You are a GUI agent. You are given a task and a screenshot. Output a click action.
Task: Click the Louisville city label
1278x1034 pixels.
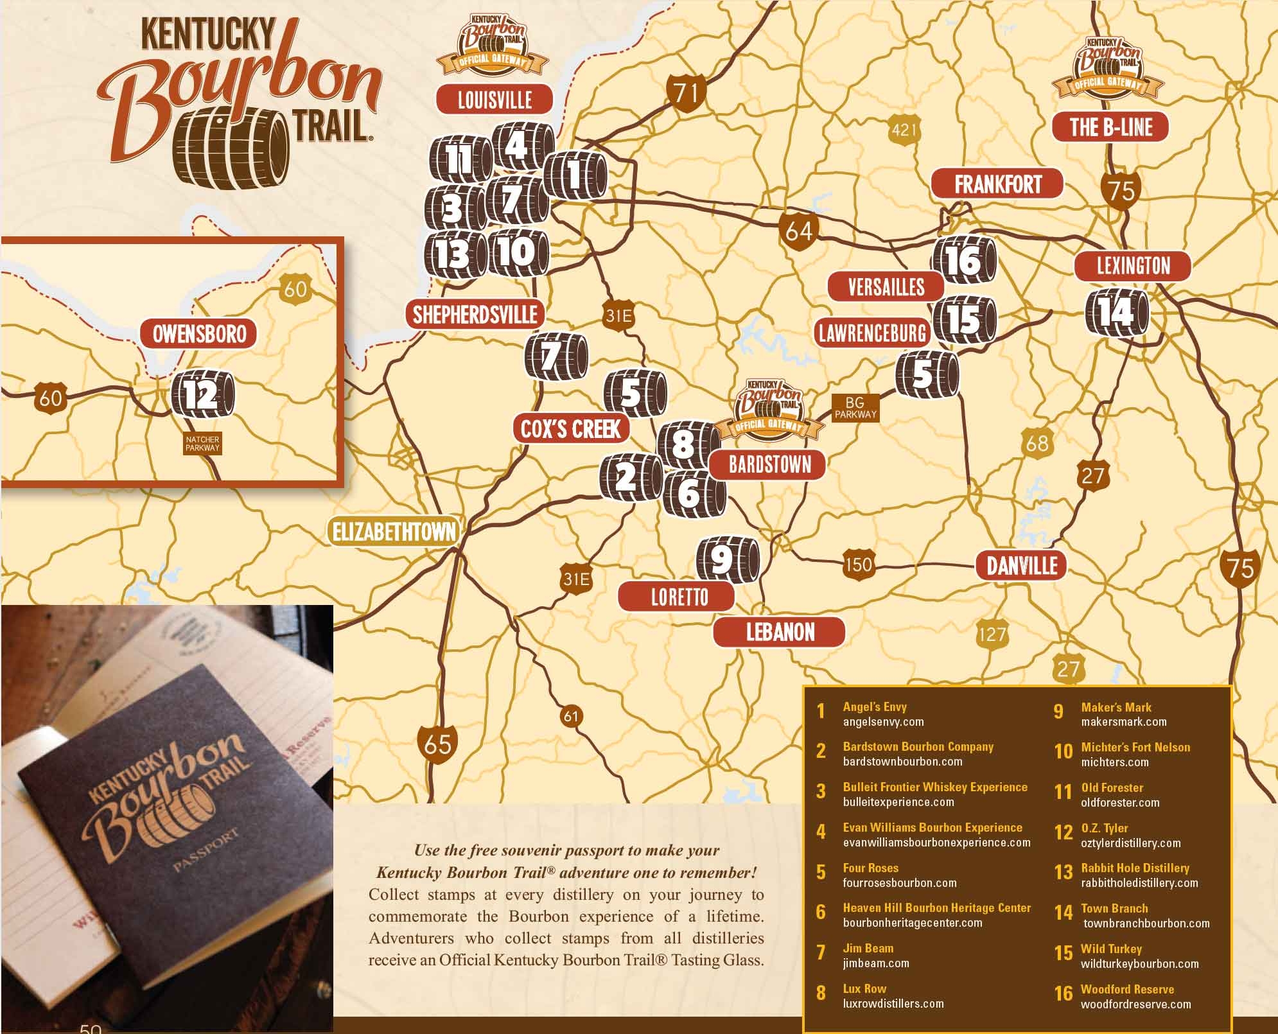(x=494, y=100)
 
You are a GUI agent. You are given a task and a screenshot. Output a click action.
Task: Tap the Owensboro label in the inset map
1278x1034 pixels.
(x=199, y=334)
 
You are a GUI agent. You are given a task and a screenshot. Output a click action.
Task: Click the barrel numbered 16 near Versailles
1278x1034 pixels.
(x=964, y=260)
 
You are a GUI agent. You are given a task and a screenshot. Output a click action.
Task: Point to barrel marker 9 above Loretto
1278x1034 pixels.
(x=728, y=559)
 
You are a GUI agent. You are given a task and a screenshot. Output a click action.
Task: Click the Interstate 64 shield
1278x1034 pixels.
(x=799, y=230)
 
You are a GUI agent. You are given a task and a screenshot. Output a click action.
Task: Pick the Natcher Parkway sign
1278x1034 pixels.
(x=202, y=444)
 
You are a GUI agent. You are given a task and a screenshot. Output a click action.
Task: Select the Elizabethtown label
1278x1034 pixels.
(x=394, y=532)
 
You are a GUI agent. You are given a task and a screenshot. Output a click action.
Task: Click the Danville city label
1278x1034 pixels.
(x=1021, y=566)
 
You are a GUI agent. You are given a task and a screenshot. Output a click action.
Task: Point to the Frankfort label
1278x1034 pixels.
(x=997, y=185)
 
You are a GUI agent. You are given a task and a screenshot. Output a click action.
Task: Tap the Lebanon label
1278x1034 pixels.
(x=780, y=633)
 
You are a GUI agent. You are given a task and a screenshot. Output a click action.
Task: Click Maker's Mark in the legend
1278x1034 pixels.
(x=1116, y=707)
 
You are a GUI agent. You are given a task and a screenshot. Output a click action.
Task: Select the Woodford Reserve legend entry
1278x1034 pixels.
(x=1127, y=989)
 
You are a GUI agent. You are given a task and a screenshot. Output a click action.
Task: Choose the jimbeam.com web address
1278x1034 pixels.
(x=875, y=963)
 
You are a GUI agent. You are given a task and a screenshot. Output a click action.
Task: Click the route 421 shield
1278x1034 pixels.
(x=904, y=130)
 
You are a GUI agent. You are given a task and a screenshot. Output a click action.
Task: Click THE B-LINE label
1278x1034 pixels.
(x=1110, y=127)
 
